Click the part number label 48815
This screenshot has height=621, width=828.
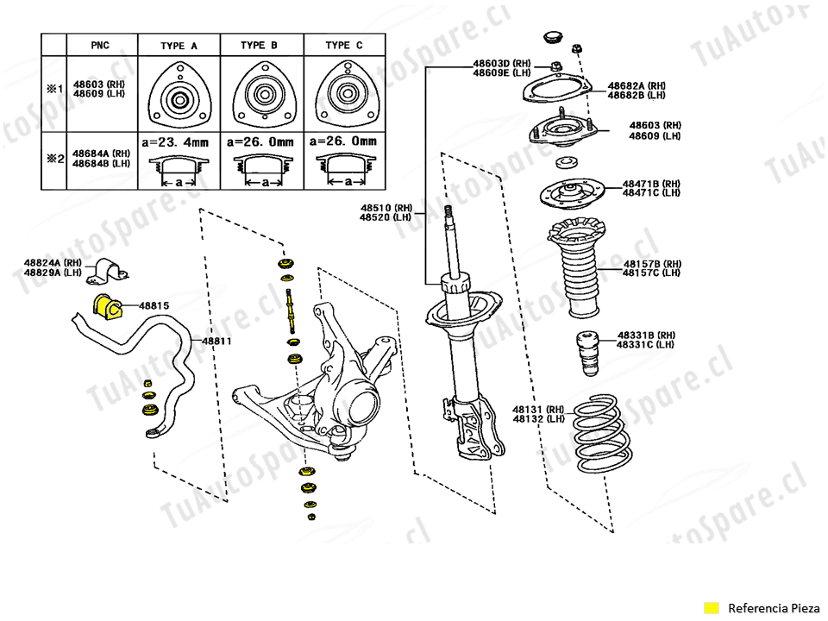(154, 305)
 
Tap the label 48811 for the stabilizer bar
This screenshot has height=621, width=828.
(217, 341)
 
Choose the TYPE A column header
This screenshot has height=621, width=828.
(179, 45)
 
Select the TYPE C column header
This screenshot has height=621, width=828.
(344, 45)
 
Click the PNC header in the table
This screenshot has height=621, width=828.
(100, 45)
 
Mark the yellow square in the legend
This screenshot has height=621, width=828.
(711, 608)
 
